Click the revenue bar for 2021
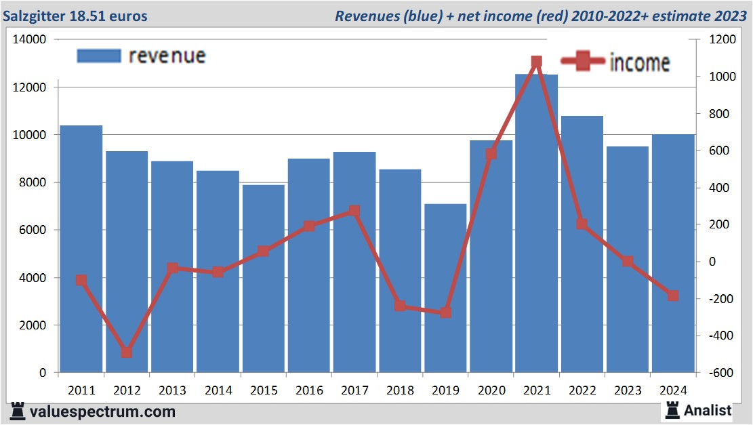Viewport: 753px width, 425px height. pos(537,224)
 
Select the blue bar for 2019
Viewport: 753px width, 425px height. pos(446,288)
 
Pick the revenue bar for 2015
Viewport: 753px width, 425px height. pos(264,279)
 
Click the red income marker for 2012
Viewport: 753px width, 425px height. pos(127,352)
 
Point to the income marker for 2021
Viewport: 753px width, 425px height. pos(537,62)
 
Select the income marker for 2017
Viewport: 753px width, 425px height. pos(354,211)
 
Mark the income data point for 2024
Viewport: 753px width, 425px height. pos(673,296)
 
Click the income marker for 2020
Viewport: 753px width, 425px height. pos(491,154)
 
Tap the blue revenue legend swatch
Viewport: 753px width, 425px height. pos(99,56)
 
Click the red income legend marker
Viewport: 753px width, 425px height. pos(582,62)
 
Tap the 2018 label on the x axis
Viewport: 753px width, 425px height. pos(401,390)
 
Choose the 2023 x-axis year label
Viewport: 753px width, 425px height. pos(628,390)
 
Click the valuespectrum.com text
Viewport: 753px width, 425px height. pos(102,411)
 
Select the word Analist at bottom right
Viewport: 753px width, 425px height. pos(708,410)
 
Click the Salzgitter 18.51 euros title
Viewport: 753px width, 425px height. pos(75,16)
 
